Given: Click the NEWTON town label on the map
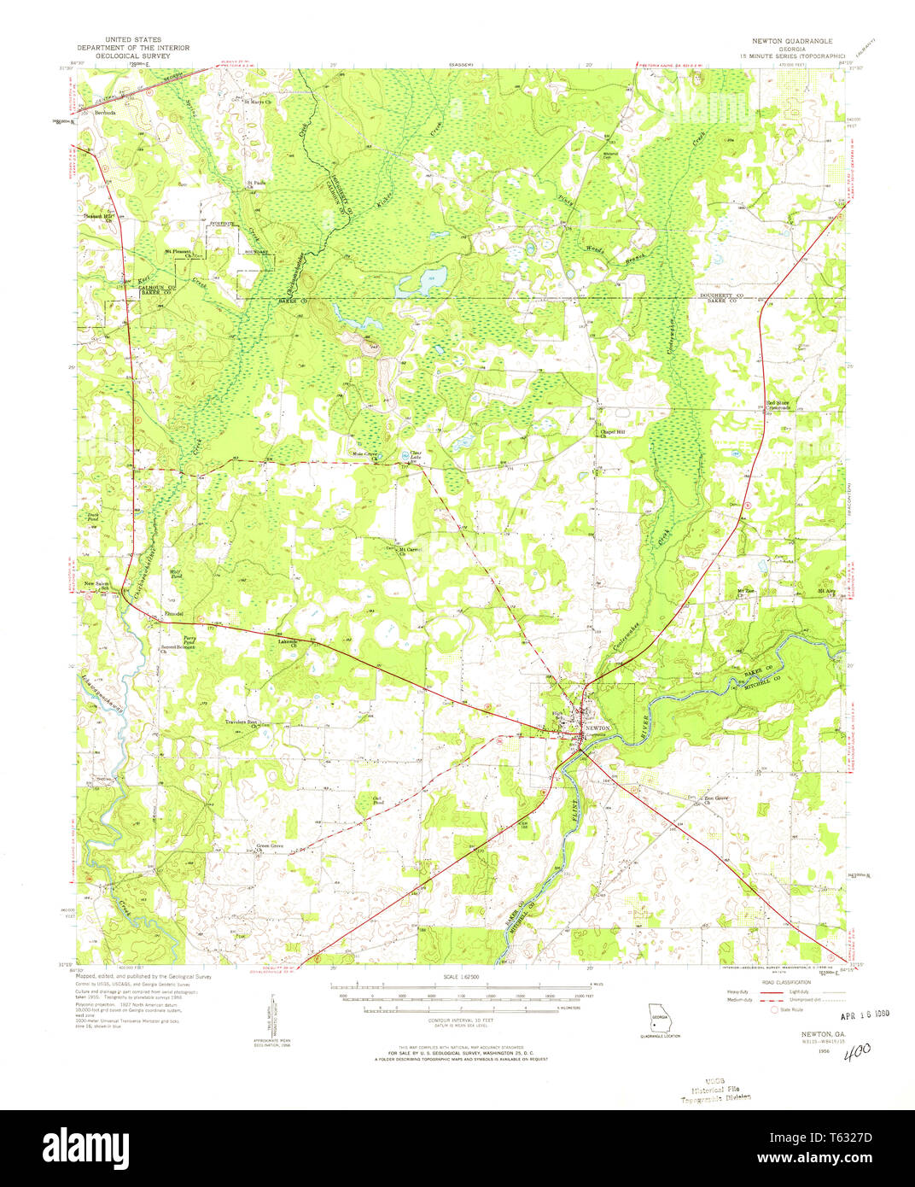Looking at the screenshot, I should click(597, 728).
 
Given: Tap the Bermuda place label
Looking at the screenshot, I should click(105, 112).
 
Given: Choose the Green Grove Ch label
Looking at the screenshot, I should click(270, 848).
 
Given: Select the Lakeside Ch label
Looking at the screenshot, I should click(288, 642).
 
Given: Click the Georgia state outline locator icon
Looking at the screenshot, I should click(658, 1018).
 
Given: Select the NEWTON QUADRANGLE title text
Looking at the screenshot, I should click(791, 41).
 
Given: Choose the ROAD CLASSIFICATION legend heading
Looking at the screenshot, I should click(784, 983).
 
